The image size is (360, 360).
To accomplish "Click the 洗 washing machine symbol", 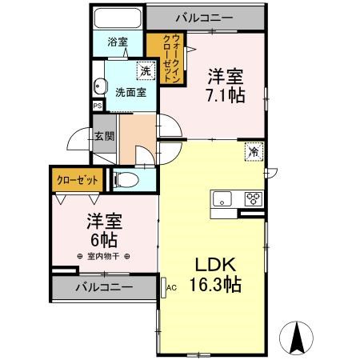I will (x=144, y=71).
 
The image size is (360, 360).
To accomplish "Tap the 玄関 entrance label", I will (x=104, y=136).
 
